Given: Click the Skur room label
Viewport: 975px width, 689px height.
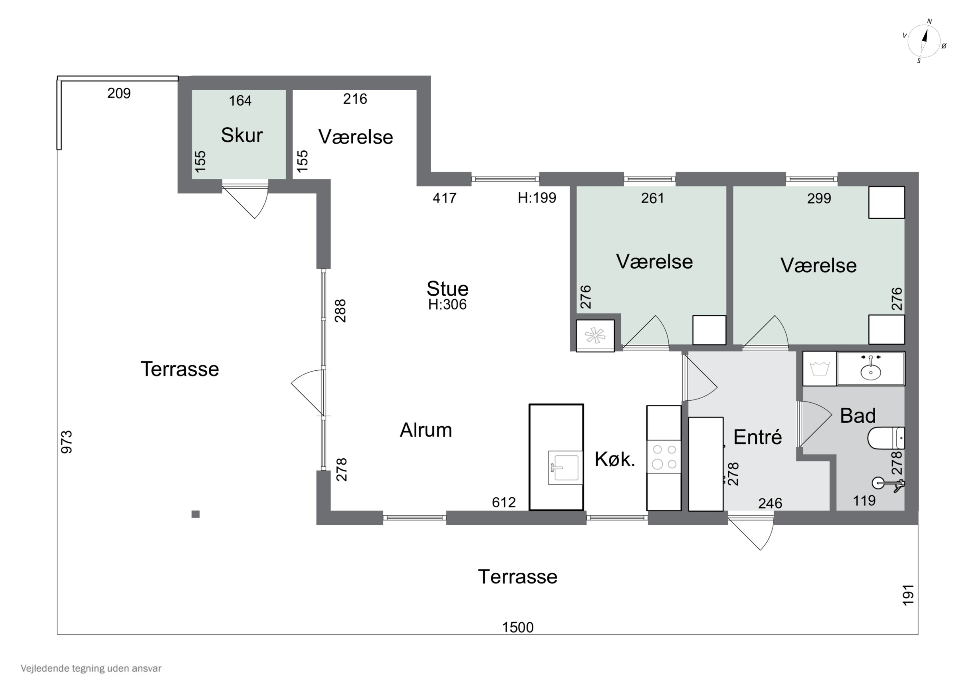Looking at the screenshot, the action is point(241,135).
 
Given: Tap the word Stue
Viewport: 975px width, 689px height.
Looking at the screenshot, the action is point(448,289).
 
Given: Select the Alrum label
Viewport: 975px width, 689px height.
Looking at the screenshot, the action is point(426,430).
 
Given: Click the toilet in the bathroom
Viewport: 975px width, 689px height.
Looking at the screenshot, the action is point(886,438).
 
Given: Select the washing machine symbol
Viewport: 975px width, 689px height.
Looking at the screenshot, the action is point(819,368).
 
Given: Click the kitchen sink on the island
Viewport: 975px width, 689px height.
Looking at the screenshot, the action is point(565,468).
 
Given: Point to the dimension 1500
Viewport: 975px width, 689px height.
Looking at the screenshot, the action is point(518,628).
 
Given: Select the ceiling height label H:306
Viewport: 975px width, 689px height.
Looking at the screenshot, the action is point(447,304).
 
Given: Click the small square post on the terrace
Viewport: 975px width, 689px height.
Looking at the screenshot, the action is point(195,514).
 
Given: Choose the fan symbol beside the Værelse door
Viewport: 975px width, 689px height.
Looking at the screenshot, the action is point(595,336).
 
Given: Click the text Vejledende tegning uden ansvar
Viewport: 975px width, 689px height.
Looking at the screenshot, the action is point(91,668).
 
